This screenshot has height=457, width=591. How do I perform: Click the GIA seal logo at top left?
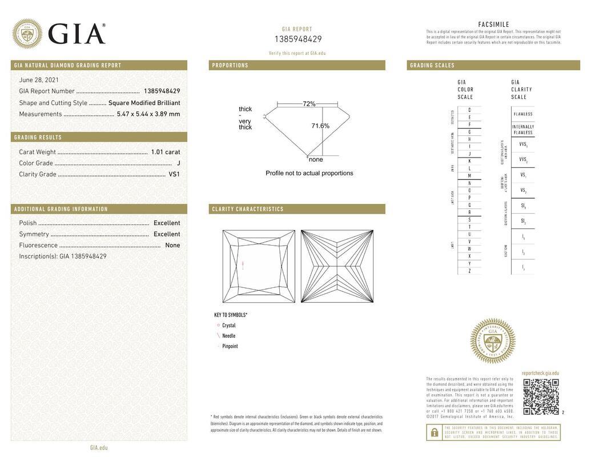pyautogui.click(x=27, y=34)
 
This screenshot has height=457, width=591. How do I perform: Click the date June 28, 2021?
pyautogui.click(x=39, y=80)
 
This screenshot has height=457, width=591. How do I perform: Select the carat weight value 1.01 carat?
pyautogui.click(x=165, y=152)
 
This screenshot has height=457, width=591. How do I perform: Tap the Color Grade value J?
pyautogui.click(x=178, y=163)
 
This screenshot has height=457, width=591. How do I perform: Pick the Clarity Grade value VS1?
pyautogui.click(x=174, y=174)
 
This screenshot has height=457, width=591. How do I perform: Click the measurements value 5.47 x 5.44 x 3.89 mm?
pyautogui.click(x=148, y=114)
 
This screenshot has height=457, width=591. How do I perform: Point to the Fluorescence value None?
pyautogui.click(x=172, y=245)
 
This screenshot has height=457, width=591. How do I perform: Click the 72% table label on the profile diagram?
pyautogui.click(x=309, y=104)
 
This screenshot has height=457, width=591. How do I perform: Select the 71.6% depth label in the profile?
pyautogui.click(x=320, y=126)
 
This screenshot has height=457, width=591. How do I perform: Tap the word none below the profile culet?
pyautogui.click(x=316, y=159)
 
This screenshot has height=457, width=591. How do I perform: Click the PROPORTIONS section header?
pyautogui.click(x=230, y=66)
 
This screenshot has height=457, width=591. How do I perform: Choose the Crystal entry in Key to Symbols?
pyautogui.click(x=228, y=326)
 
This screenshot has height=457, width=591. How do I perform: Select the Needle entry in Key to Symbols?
pyautogui.click(x=228, y=336)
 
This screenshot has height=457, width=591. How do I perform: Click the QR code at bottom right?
pyautogui.click(x=541, y=396)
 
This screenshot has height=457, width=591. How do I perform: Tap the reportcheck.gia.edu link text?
pyautogui.click(x=540, y=373)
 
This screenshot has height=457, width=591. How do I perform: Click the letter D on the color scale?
pyautogui.click(x=469, y=110)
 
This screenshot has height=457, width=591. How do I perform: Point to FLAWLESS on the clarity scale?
pyautogui.click(x=522, y=114)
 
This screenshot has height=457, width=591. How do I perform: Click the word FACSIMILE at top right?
pyautogui.click(x=493, y=25)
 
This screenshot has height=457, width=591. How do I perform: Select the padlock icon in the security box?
pyautogui.click(x=434, y=432)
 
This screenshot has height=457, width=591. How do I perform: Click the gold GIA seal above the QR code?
pyautogui.click(x=492, y=341)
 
